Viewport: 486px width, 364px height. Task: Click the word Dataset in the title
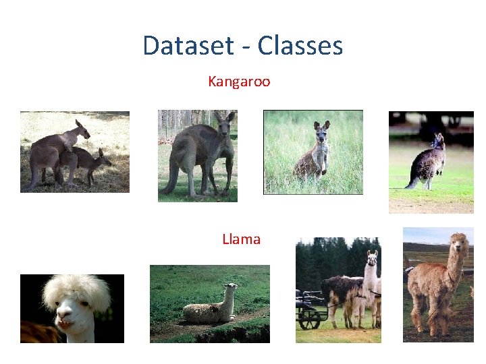pos(188,46)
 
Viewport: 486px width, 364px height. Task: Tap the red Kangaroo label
pos(239,82)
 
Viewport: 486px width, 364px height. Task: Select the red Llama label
pos(241,239)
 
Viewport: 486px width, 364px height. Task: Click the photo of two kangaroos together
pos(74,152)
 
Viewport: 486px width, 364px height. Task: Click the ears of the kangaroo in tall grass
pos(321,125)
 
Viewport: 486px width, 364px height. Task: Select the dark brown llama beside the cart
pos(341,294)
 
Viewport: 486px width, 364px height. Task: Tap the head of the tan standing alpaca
pos(458,243)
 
